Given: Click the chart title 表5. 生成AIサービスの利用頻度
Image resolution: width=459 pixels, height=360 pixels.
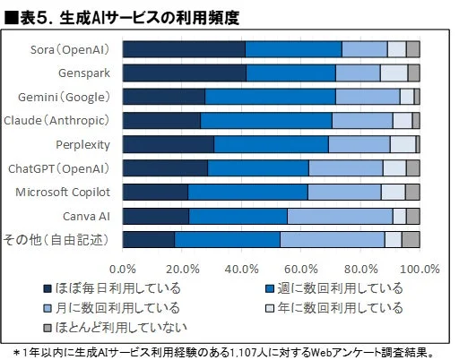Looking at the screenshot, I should click(x=126, y=16).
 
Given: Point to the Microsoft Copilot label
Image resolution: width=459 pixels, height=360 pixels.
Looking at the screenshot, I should click(x=62, y=192).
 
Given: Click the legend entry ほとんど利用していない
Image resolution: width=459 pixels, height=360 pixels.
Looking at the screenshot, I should click(x=126, y=328).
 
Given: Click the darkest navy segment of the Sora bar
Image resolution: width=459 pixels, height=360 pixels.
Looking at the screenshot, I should click(x=183, y=49).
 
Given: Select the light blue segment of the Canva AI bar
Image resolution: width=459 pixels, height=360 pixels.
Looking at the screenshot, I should click(x=340, y=216).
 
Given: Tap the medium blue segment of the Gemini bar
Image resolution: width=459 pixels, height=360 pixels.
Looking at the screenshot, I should click(x=270, y=97).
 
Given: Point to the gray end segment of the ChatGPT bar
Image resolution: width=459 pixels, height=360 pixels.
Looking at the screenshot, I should click(x=412, y=168).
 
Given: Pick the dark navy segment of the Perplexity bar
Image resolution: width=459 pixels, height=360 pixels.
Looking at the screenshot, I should click(x=168, y=144).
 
